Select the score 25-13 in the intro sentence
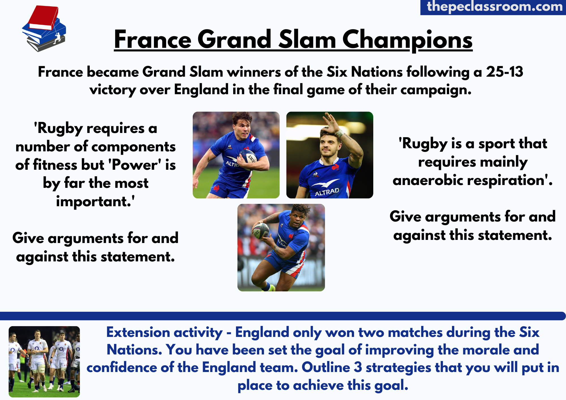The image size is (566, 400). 505,72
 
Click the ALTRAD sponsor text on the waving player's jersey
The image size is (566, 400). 327,192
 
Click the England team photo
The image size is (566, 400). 44,362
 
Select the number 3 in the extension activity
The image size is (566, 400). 358,367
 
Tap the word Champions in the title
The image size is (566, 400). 408,40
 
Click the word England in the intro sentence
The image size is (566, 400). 201,90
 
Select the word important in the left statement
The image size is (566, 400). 94,201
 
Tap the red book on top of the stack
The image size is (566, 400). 44,17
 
